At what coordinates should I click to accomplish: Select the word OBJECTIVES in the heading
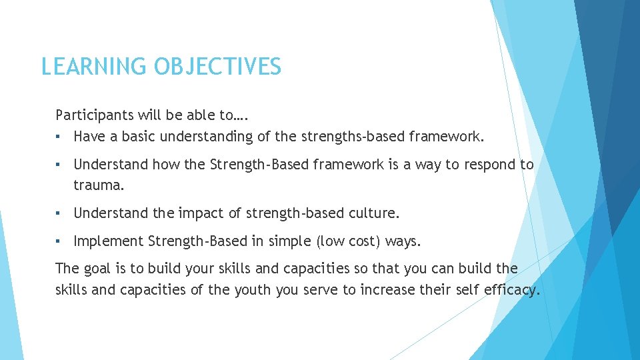218,67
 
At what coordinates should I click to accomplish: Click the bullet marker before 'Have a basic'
59,137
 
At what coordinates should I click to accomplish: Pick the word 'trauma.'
99,186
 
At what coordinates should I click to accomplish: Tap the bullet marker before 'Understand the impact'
59,214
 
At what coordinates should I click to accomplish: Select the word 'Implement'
109,241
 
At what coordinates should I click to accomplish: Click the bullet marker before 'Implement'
59,241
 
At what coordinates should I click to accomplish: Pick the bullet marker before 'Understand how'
59,165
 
